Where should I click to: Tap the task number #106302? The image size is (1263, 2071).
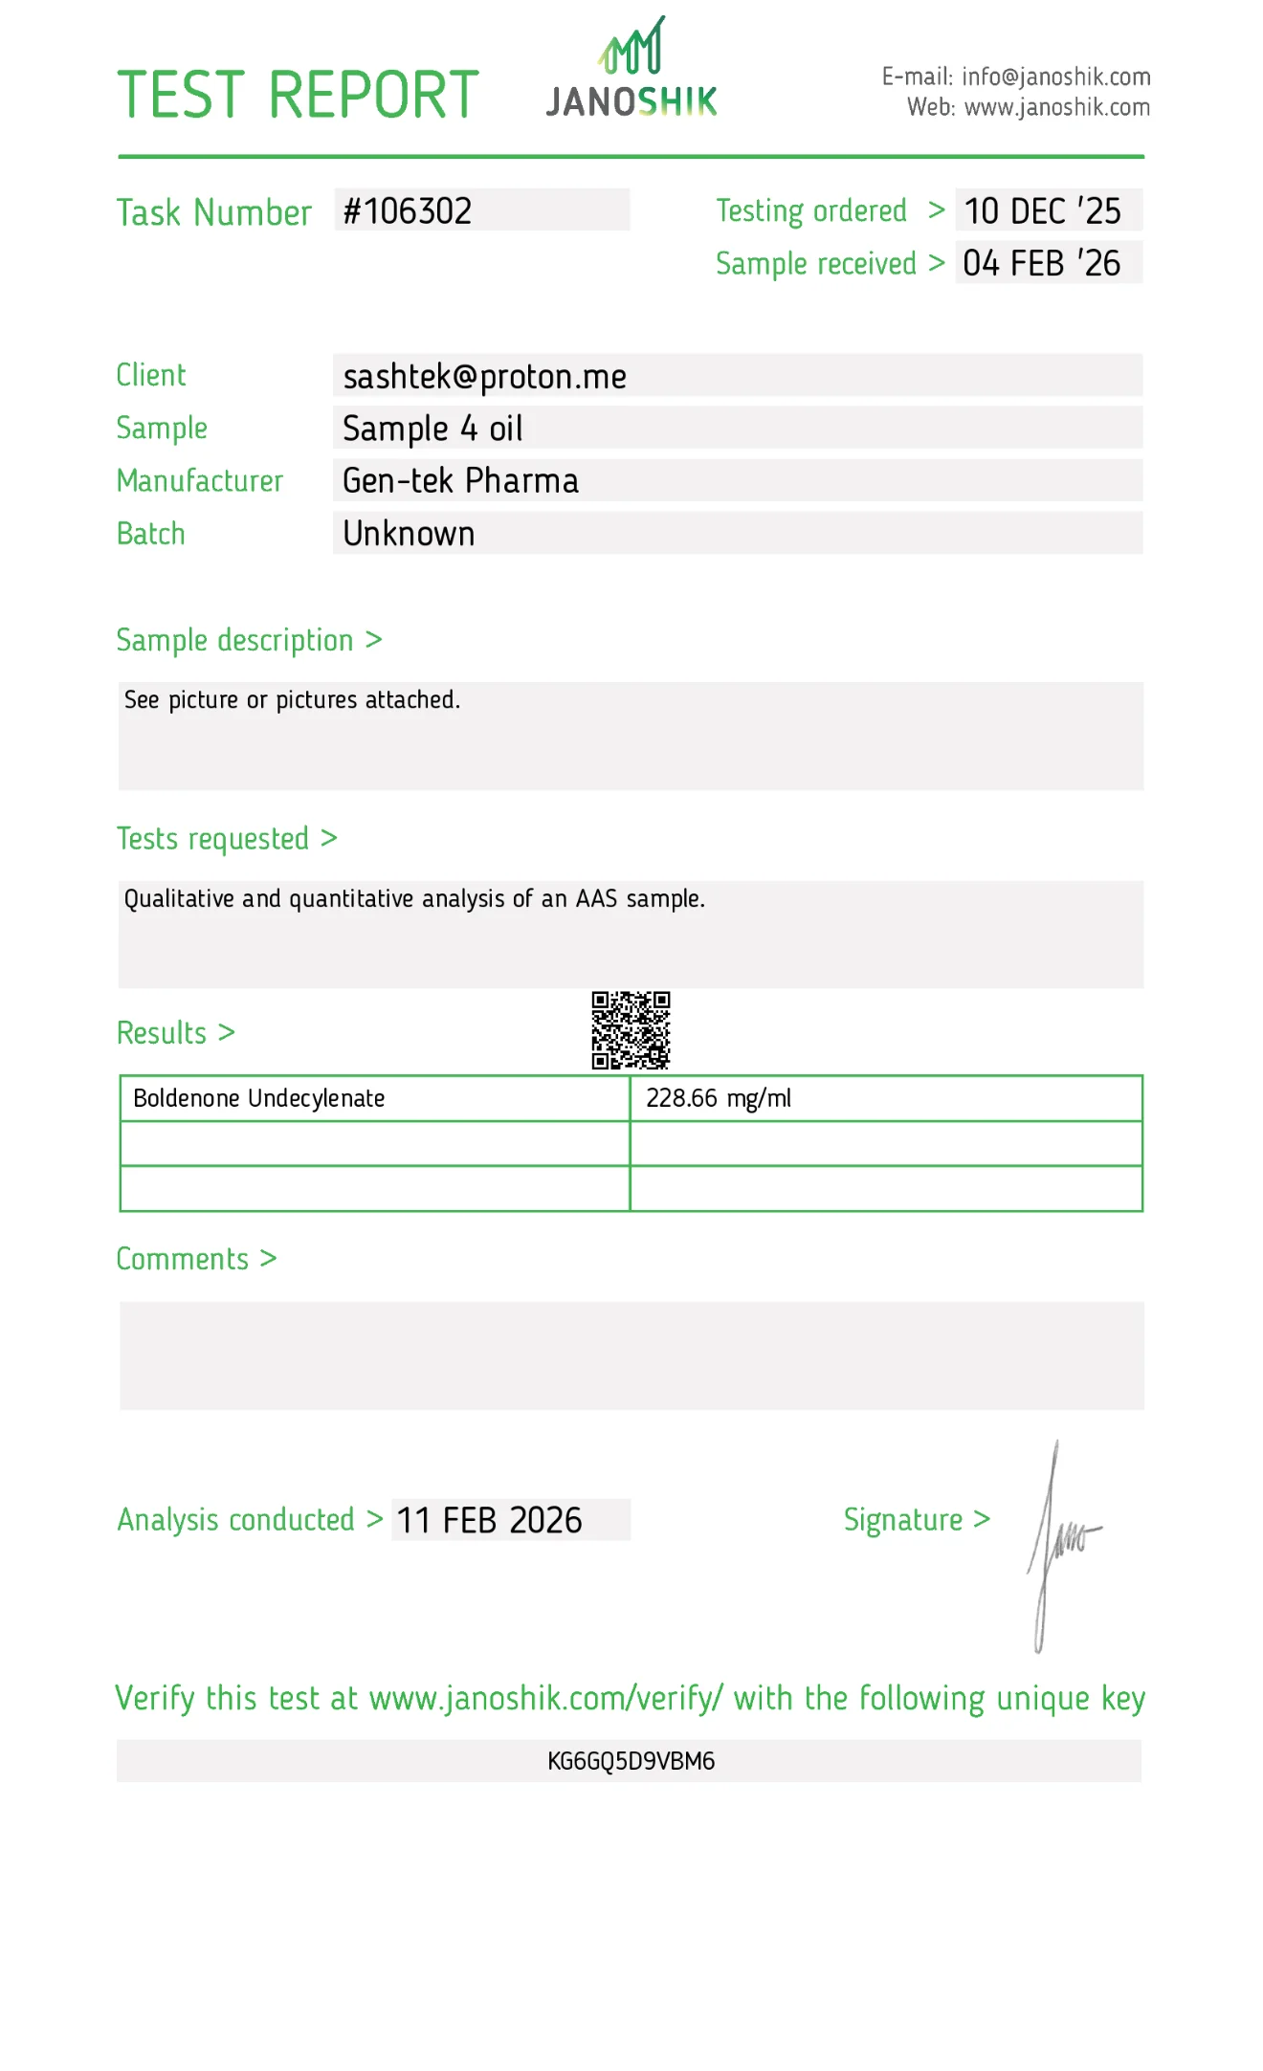click(408, 211)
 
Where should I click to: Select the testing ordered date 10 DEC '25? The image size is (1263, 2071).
click(1042, 211)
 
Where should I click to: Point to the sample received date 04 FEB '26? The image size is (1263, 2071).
click(1041, 264)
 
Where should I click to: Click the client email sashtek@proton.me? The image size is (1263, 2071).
click(484, 377)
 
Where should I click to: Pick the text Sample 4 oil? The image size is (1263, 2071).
click(432, 429)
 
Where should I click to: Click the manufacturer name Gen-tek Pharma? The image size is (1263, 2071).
click(460, 481)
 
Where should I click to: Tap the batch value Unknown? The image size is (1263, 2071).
click(409, 534)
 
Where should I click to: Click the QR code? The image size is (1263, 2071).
click(631, 1030)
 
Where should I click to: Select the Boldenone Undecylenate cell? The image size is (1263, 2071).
click(259, 1098)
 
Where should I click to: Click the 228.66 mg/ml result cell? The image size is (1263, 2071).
click(719, 1098)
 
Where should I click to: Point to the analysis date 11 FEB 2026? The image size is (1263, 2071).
click(489, 1520)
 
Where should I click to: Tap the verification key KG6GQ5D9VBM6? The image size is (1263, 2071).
click(631, 1761)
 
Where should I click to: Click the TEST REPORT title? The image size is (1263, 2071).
click(298, 96)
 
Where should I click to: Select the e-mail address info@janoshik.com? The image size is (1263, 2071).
click(1055, 77)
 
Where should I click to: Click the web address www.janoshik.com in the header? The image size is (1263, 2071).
click(1056, 107)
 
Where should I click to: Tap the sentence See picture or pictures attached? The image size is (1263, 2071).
click(292, 700)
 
